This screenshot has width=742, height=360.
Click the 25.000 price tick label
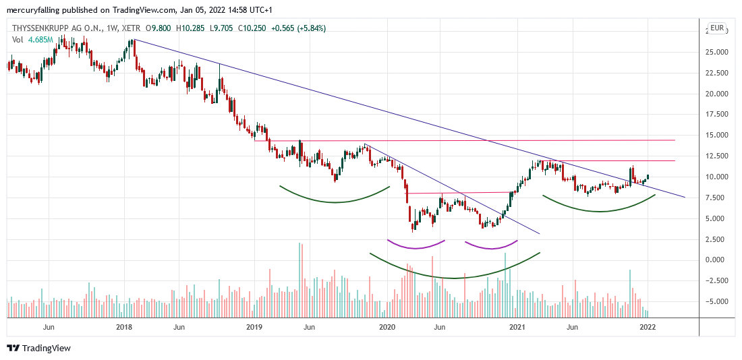[x=716, y=52]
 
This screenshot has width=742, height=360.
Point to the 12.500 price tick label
[x=716, y=156]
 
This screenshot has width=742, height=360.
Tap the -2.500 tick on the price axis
[x=716, y=280]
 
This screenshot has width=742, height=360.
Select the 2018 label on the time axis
[x=123, y=328]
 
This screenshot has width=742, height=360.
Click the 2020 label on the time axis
[x=387, y=328]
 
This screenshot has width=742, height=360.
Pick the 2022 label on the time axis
[x=648, y=328]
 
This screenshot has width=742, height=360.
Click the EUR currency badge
[x=716, y=28]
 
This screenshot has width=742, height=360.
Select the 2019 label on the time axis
[x=254, y=328]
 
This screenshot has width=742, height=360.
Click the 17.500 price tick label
[x=716, y=115]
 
